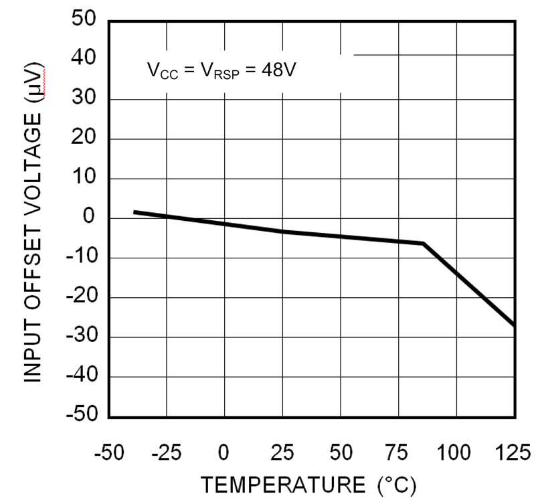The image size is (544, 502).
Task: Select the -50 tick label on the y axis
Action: [81, 416]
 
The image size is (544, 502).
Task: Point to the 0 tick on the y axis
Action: [90, 219]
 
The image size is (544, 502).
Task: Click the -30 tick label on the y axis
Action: [81, 337]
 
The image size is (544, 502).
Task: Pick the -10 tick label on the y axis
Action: [81, 258]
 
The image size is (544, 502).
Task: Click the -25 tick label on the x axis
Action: [166, 453]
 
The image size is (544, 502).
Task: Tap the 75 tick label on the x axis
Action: [398, 453]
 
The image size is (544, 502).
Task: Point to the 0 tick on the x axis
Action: [224, 453]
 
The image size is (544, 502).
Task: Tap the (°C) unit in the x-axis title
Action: [395, 484]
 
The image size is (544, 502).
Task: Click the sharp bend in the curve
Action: [424, 244]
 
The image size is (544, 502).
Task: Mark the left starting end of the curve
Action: [134, 212]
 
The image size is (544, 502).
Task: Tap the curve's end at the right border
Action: [514, 325]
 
